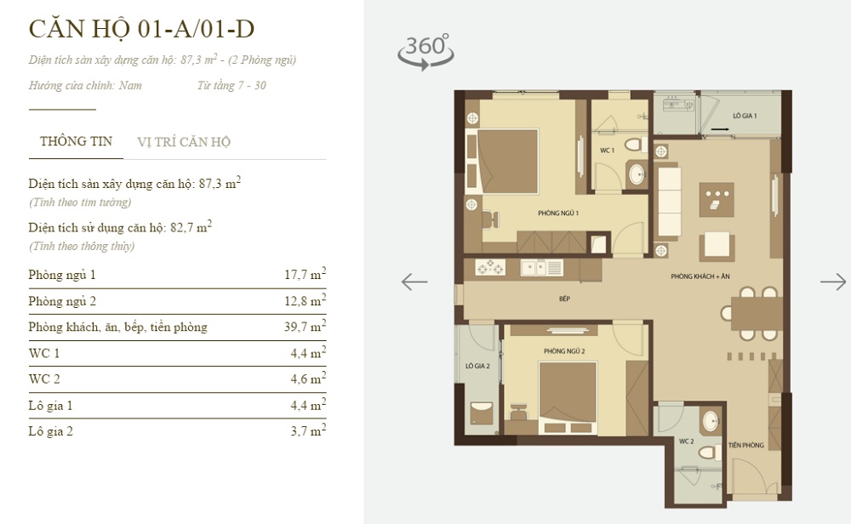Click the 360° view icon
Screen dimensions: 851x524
coord(426,52)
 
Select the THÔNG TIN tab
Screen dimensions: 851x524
coord(76,141)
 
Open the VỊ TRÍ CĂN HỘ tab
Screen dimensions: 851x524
coord(184,142)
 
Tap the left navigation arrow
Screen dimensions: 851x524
coord(414,282)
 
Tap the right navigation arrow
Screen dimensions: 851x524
coord(833,282)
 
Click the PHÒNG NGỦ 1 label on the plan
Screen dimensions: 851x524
coord(558,214)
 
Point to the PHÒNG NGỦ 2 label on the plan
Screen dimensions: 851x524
coord(564,351)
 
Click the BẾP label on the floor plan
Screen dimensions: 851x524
coord(564,299)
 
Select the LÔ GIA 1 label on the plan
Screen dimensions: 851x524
coord(745,116)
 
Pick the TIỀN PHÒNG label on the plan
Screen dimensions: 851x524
coord(746,446)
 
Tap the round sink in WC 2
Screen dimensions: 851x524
coord(711,421)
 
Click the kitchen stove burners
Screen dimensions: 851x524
coord(490,267)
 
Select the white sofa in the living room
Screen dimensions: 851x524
coord(669,202)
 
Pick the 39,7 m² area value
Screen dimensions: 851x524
coord(305,326)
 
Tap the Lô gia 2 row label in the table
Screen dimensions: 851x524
coord(50,431)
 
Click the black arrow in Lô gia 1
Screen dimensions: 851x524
coord(720,129)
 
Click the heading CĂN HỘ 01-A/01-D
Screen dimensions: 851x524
coord(141,28)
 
